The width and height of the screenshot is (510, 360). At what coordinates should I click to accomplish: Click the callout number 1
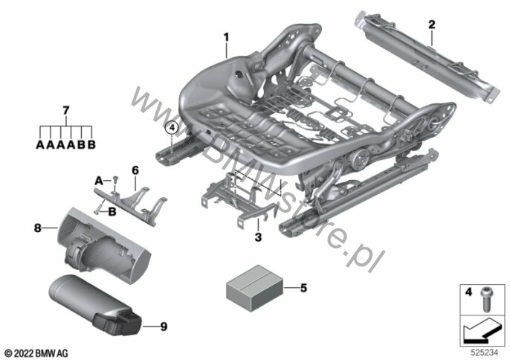pos(226,37)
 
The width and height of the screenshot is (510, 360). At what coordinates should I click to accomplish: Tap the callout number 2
pos(432,25)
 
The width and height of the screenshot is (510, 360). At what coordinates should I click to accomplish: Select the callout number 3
pos(258,237)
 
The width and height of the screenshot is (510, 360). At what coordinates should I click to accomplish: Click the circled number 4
pos(172,128)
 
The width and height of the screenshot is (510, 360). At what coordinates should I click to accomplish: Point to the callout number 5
pos(303,288)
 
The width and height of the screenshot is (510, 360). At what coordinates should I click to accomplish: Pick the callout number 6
pos(135,170)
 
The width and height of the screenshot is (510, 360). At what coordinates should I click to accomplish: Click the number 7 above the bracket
pos(66,111)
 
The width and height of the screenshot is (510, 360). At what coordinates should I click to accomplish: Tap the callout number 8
pos(38,228)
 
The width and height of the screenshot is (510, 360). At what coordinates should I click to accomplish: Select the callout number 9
pos(164,326)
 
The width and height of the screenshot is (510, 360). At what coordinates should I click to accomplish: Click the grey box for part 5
pos(254,288)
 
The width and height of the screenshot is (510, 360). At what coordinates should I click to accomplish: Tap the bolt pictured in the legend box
pos(485,300)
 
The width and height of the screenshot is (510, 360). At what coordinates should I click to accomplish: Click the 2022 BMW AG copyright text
pos(36,353)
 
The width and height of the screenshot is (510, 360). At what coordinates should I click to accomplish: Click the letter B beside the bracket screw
pos(112,212)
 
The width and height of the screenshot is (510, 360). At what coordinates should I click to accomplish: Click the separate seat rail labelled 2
pos(426,57)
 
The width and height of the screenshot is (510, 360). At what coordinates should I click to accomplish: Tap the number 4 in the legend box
pos(468,292)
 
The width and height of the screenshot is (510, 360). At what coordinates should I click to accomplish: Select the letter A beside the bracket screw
pos(99,180)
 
